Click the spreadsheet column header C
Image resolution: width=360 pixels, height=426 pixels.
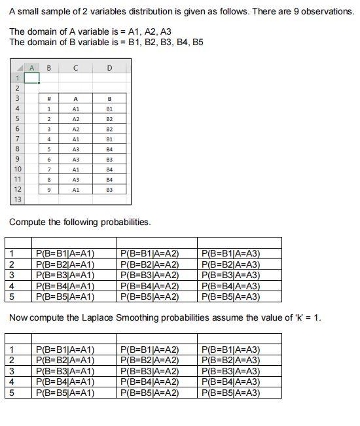coord(76,67)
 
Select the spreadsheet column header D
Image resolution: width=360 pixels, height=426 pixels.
coord(109,67)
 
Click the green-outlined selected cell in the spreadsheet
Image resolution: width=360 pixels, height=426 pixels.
coord(32,78)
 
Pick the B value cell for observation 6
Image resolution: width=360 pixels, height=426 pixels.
coord(109,159)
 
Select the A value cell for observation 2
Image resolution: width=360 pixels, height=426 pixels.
coord(76,119)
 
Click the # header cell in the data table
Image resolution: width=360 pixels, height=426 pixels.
coord(48,99)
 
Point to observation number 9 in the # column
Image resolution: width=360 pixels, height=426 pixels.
coord(48,190)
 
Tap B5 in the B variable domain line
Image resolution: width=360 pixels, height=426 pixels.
coord(196,42)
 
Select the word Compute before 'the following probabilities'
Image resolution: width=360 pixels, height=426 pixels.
coord(29,222)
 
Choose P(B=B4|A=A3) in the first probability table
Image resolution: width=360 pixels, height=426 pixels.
coord(231,286)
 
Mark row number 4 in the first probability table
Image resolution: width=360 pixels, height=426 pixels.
coord(12,286)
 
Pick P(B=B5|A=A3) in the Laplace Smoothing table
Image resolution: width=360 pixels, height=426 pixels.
coord(231,393)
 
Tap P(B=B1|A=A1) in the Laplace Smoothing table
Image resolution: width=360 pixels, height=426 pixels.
coord(65,349)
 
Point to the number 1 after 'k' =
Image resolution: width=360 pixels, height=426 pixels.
coord(318,317)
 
